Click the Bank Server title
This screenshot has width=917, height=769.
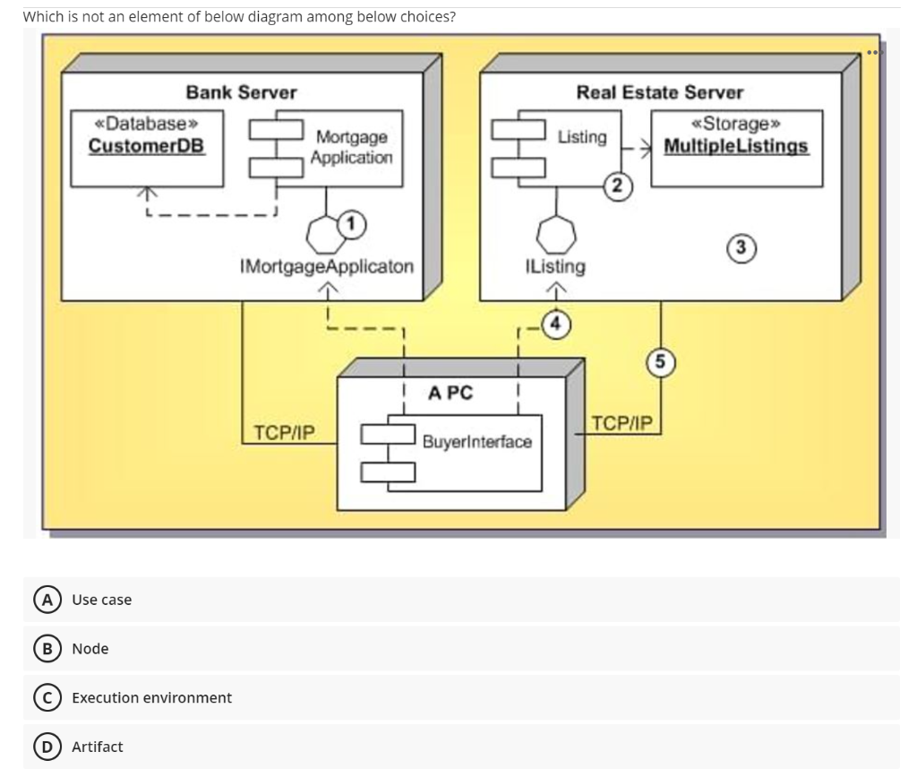[x=241, y=92]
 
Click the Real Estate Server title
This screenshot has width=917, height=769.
[x=659, y=92]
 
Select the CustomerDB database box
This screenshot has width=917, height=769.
[x=147, y=148]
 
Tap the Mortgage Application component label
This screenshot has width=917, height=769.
[x=351, y=147]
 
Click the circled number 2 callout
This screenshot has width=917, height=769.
[x=617, y=186]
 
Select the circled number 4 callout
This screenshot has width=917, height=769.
[x=556, y=323]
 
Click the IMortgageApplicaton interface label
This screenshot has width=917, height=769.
[x=327, y=266]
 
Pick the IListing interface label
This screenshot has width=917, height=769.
[x=555, y=266]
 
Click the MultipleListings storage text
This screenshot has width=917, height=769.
[x=736, y=145]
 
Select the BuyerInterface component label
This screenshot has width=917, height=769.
[x=476, y=442]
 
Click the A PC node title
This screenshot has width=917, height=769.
[x=450, y=393]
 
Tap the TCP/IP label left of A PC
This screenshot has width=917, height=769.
[x=284, y=432]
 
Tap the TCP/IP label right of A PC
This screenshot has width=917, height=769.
[x=623, y=422]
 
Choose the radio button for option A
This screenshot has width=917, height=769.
[x=42, y=600]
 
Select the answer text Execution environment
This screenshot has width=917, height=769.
[x=151, y=697]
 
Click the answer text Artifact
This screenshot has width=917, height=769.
[x=98, y=747]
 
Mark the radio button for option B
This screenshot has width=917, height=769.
[x=42, y=649]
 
